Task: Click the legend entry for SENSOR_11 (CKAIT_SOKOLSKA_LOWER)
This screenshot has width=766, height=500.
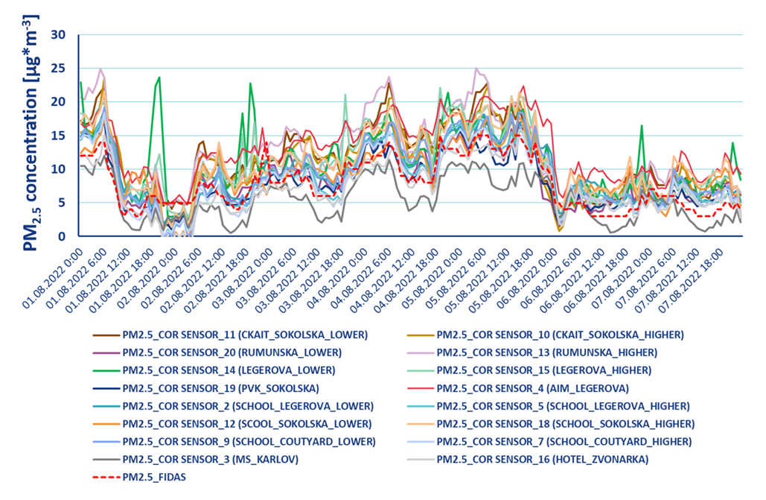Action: [x=245, y=334]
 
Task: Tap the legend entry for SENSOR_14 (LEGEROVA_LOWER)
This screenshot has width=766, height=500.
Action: [x=229, y=370]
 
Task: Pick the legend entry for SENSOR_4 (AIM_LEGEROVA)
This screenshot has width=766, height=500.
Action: [x=532, y=387]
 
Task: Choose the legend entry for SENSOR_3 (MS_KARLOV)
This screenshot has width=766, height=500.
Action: [x=211, y=459]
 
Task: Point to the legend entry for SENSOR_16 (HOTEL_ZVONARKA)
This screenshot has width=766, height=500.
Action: [x=542, y=459]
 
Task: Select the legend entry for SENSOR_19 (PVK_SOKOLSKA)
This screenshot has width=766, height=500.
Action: [x=220, y=387]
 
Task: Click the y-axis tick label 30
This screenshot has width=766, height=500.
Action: [x=59, y=34]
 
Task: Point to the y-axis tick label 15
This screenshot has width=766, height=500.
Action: [x=59, y=136]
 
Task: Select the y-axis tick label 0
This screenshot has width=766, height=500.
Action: [x=63, y=236]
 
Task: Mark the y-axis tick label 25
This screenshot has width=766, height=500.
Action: [x=59, y=68]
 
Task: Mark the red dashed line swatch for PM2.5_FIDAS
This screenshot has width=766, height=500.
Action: [x=105, y=477]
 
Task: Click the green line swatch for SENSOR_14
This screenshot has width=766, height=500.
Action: [x=105, y=370]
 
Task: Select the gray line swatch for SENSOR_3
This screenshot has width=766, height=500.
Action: [x=105, y=459]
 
